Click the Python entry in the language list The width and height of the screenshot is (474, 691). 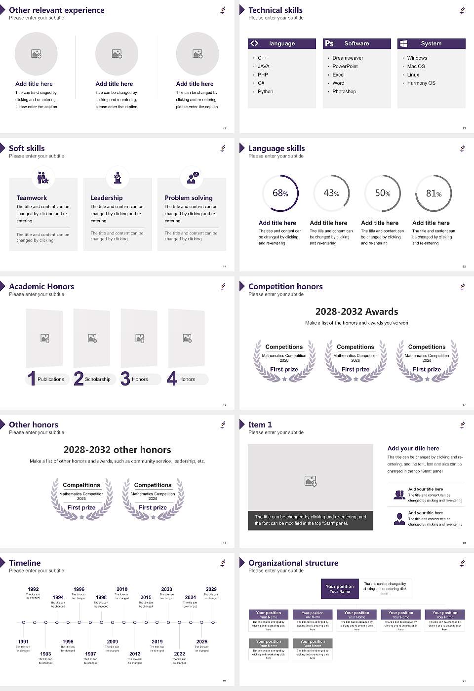[265, 92]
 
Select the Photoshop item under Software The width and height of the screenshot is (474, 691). [344, 92]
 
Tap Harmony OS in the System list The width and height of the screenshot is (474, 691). [421, 83]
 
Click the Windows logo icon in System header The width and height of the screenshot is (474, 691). [403, 43]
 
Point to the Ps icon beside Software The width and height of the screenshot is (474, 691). [329, 43]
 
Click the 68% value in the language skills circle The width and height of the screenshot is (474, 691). [280, 193]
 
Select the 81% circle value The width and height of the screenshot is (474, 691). [434, 193]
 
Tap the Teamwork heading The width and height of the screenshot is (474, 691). [32, 198]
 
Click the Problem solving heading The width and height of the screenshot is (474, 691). [189, 198]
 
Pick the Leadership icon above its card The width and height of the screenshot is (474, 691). [118, 177]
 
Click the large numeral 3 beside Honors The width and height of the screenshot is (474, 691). [125, 379]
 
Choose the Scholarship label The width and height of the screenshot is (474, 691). [97, 380]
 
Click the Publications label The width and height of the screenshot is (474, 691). [51, 380]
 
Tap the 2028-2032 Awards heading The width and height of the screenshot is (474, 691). [356, 312]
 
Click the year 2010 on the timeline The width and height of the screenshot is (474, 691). [122, 589]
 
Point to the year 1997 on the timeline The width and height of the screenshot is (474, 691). [90, 654]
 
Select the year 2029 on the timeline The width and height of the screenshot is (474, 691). [211, 589]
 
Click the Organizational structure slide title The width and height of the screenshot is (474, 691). [293, 563]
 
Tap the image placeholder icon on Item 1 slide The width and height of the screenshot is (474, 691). [311, 481]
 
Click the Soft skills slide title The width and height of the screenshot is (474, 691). [27, 149]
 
